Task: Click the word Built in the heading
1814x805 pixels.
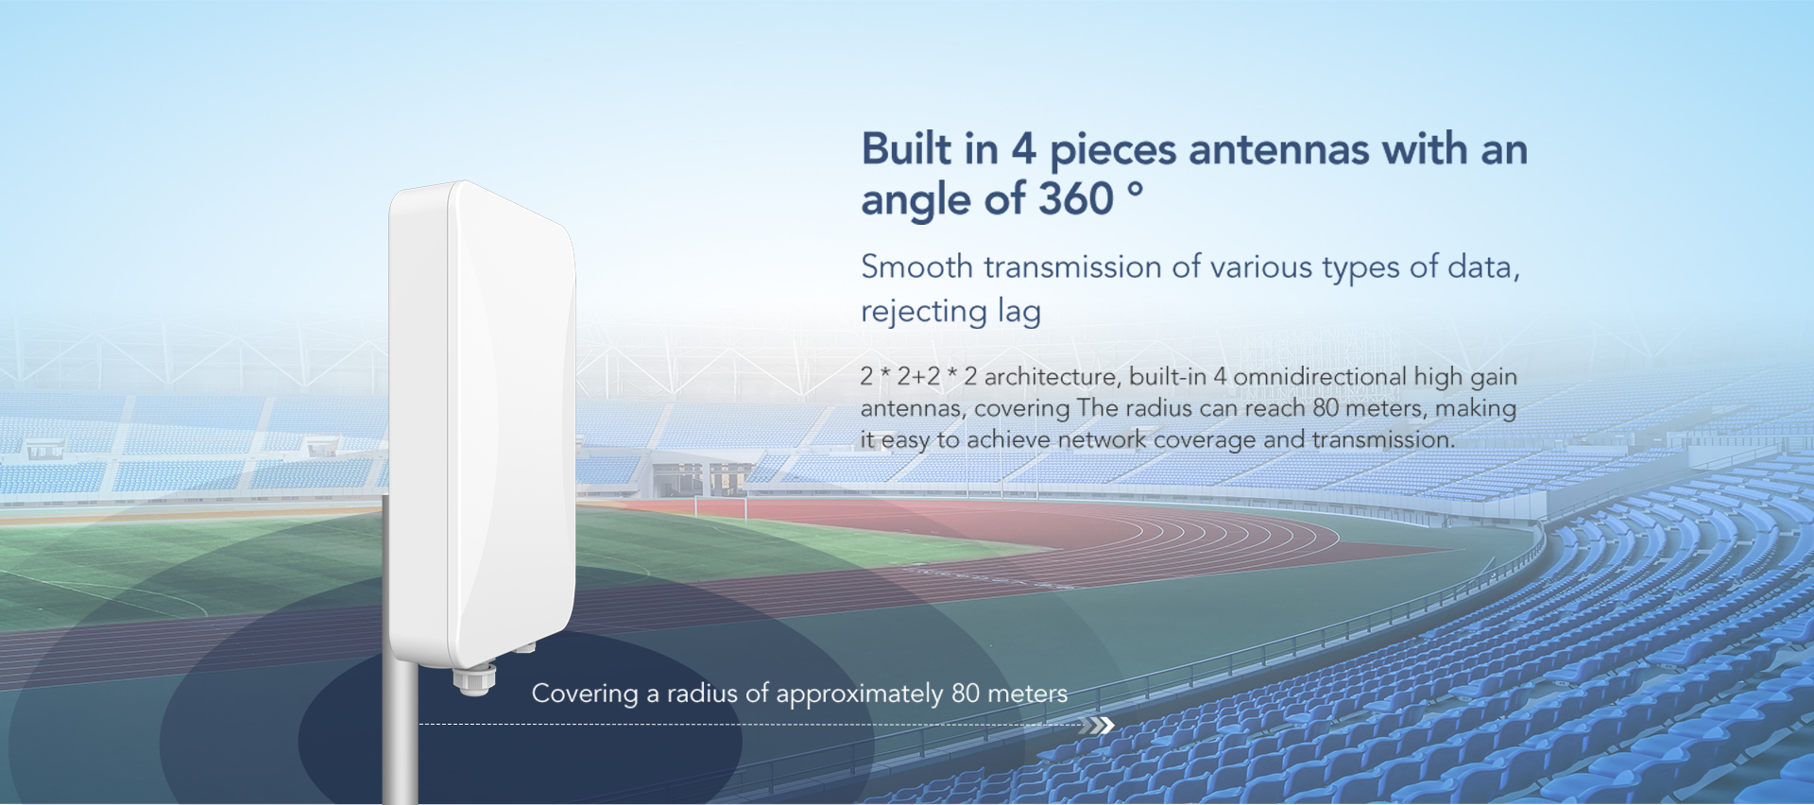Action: (906, 149)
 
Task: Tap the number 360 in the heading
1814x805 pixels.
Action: (1076, 199)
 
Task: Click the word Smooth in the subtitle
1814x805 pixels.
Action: (916, 267)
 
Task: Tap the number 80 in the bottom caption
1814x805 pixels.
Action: (966, 694)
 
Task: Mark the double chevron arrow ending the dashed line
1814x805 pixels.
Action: (1098, 726)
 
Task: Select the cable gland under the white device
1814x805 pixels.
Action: (474, 679)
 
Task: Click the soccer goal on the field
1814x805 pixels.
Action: (720, 507)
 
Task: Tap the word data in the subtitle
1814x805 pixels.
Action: (1483, 267)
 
